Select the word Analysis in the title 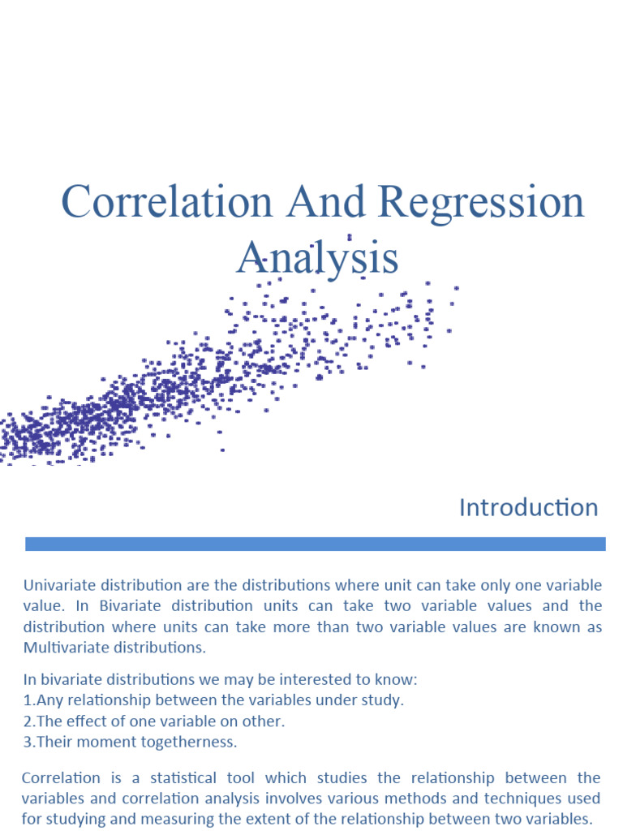317,259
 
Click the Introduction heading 528,508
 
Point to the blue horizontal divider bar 315,544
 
